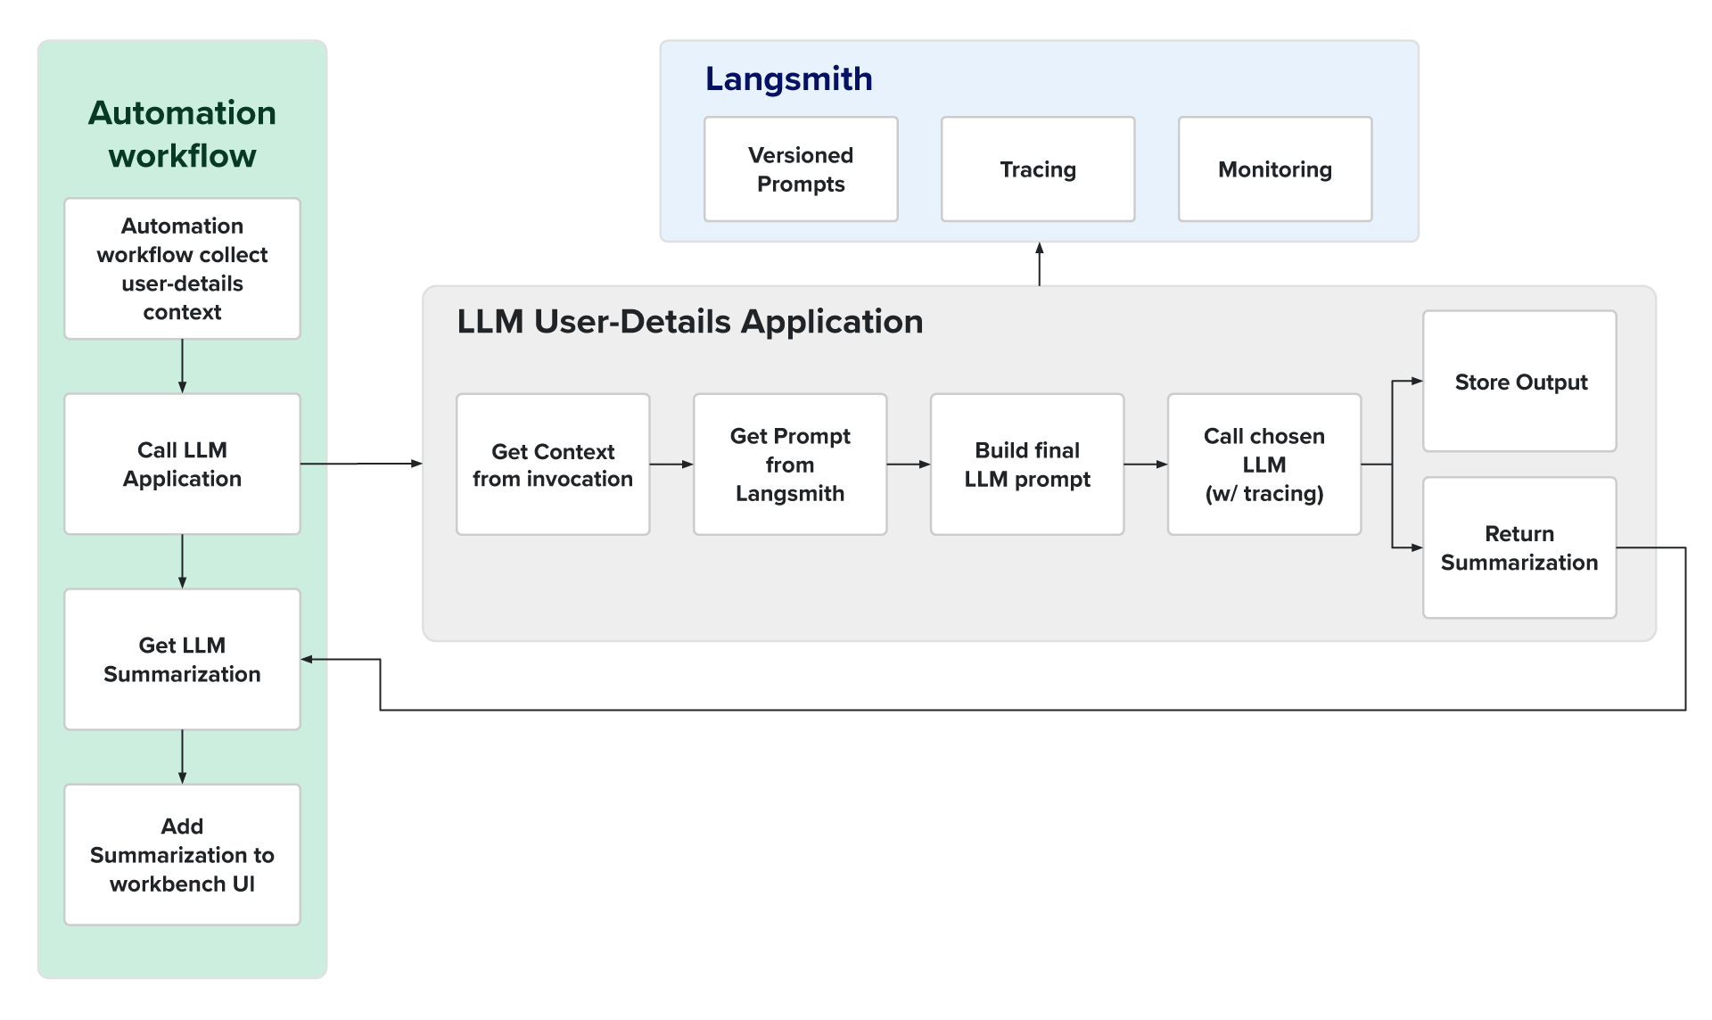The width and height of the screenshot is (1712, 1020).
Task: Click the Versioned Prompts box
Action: point(801,169)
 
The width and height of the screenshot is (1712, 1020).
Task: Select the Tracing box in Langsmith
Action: point(1038,169)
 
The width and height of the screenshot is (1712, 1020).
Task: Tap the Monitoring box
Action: point(1275,169)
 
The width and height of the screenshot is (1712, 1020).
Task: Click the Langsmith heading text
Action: point(788,79)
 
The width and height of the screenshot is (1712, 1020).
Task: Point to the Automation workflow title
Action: point(182,134)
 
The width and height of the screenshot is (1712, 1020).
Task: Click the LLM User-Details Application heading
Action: point(689,322)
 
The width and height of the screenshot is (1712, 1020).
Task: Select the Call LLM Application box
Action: point(182,465)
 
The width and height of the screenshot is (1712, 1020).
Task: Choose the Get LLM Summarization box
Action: point(182,660)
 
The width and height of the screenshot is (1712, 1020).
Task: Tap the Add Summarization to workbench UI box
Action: point(182,855)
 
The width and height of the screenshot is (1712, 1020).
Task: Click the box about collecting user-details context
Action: point(182,268)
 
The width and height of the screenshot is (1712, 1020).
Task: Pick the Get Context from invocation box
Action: point(553,465)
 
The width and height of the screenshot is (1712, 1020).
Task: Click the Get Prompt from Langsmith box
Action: point(790,465)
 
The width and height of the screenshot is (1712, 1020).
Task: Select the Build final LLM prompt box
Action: point(1027,465)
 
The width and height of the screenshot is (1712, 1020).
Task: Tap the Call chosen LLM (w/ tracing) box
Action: point(1264,465)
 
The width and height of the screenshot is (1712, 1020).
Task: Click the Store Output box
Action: point(1520,382)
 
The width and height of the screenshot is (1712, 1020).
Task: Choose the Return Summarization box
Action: point(1520,547)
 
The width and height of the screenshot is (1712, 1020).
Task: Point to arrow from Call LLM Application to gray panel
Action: point(361,464)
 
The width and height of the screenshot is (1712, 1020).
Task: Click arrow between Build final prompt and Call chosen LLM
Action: point(1146,465)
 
